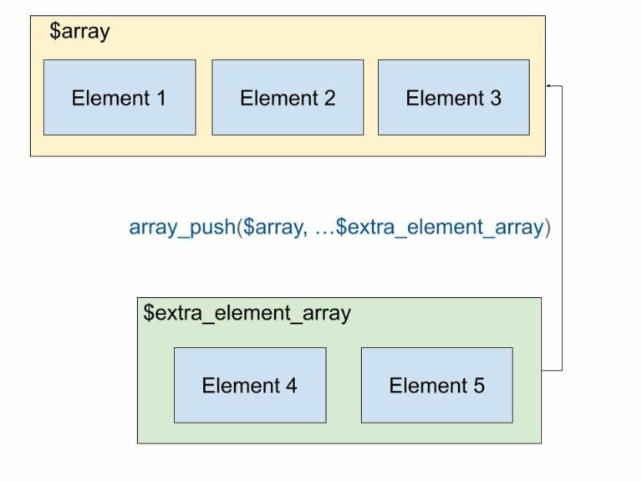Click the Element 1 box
[x=120, y=97]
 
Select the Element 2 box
[x=288, y=97]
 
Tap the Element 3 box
[x=453, y=97]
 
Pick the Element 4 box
[x=250, y=385]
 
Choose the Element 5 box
[x=436, y=385]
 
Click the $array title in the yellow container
[x=79, y=33]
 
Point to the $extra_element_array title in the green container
[x=247, y=313]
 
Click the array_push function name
[x=181, y=228]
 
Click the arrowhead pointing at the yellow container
[x=549, y=85]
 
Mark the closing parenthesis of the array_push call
[x=548, y=228]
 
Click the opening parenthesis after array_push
[x=239, y=228]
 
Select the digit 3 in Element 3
[x=495, y=98]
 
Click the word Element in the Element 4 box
[x=240, y=386]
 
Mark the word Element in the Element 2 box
[x=278, y=98]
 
